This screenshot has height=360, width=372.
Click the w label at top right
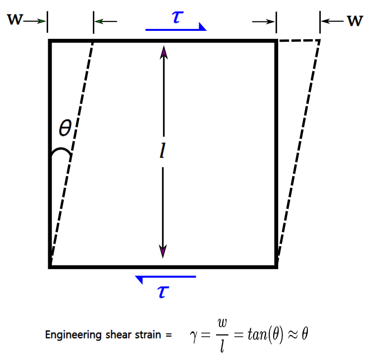coord(354,21)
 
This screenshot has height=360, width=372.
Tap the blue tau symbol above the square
coord(176,16)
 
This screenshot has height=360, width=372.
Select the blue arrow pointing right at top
coord(176,29)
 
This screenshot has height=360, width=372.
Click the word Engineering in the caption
coord(71,335)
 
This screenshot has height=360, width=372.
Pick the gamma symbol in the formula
coord(193,334)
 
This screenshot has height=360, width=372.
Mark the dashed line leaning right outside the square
coord(298,149)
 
